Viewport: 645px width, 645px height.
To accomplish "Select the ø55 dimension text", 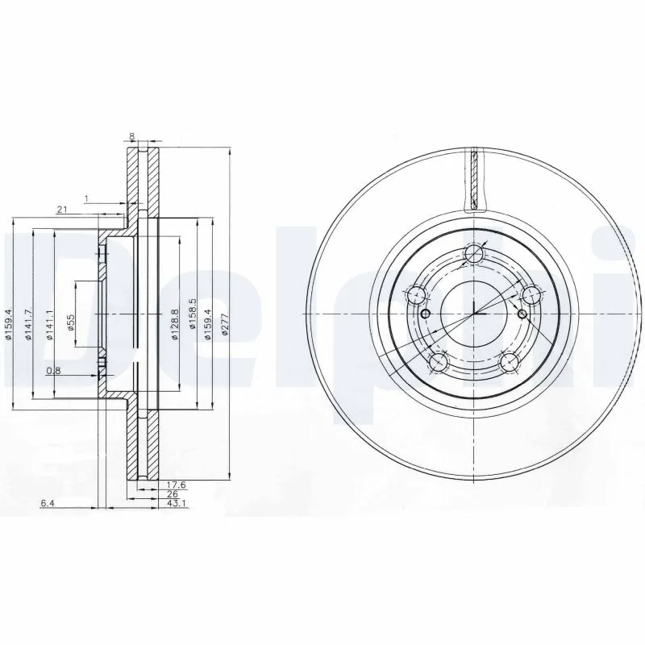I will point(70,322).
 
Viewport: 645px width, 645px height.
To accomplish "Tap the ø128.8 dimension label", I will point(174,323).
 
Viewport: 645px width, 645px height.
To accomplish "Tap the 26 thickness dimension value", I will point(171,494).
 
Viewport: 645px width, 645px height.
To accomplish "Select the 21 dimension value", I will point(61,210).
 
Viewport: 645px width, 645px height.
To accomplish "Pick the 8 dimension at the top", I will point(132,137).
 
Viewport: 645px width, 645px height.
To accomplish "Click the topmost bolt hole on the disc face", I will point(474,256).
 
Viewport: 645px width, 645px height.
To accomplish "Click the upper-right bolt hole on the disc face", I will point(530,295).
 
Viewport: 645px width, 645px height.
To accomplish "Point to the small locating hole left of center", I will point(427,314).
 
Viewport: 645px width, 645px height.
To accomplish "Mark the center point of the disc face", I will point(474,314).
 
